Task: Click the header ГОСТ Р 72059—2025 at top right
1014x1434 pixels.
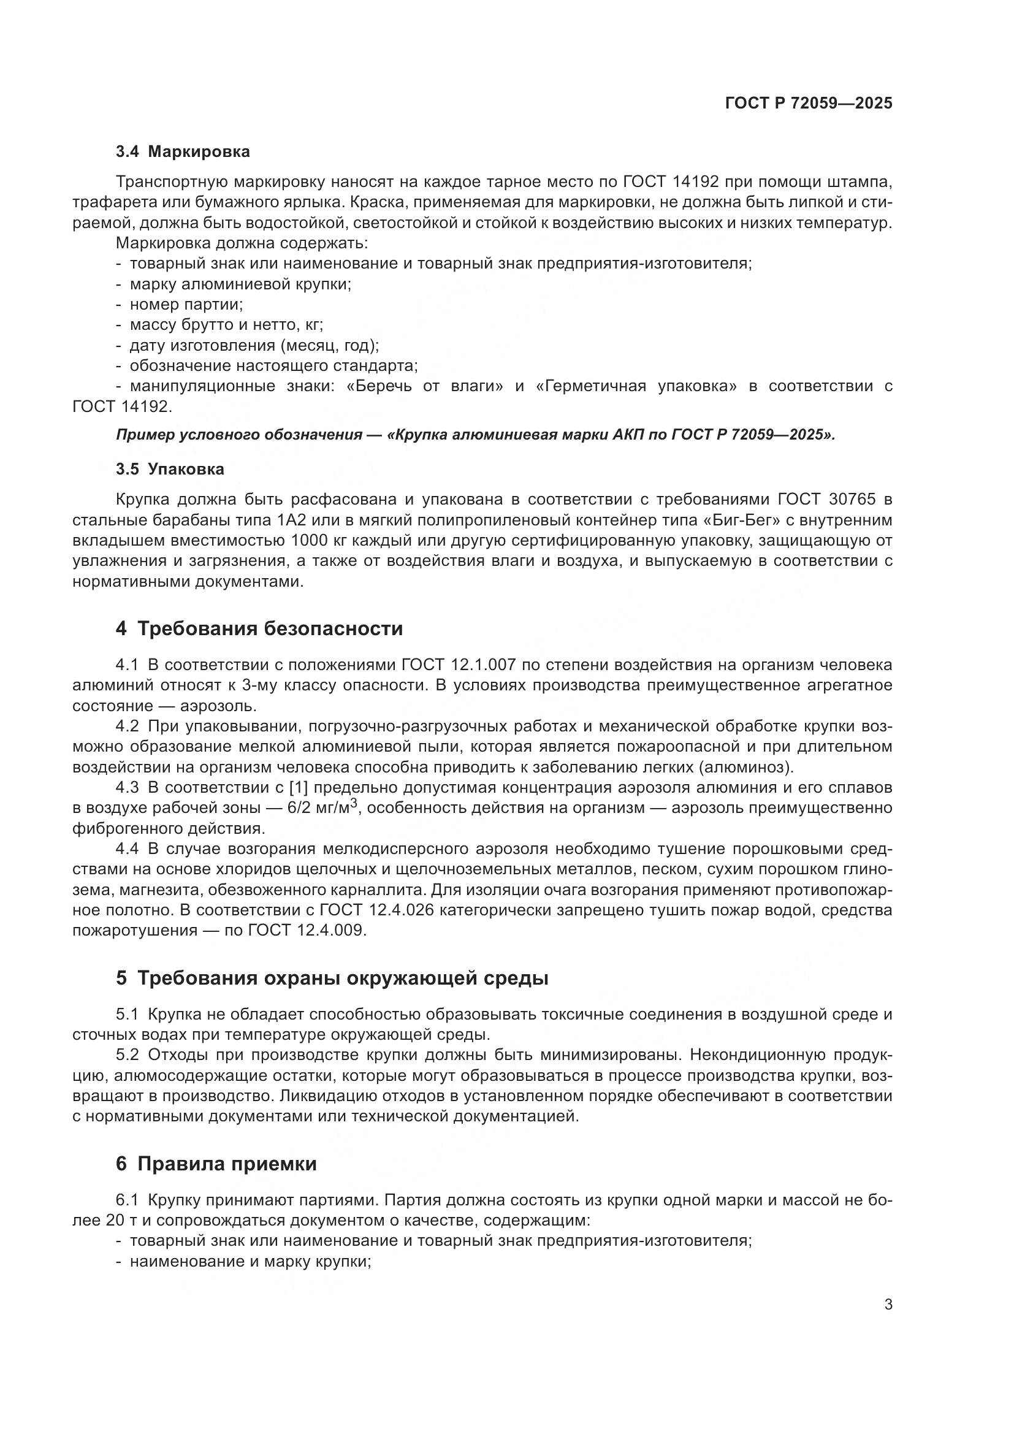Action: coord(809,103)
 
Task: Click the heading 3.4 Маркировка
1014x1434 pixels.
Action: coord(182,152)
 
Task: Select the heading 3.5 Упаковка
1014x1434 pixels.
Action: coord(170,469)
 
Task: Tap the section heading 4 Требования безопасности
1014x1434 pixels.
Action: coord(259,628)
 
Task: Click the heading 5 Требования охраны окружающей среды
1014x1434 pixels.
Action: coord(332,978)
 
